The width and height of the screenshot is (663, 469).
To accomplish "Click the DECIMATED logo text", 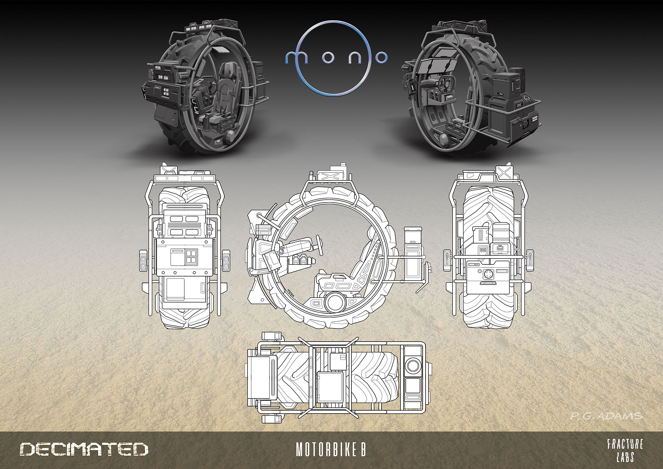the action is tap(84, 449).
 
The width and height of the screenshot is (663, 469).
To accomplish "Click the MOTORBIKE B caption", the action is tap(331, 449).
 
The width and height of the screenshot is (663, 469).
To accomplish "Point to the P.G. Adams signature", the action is tap(606, 416).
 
